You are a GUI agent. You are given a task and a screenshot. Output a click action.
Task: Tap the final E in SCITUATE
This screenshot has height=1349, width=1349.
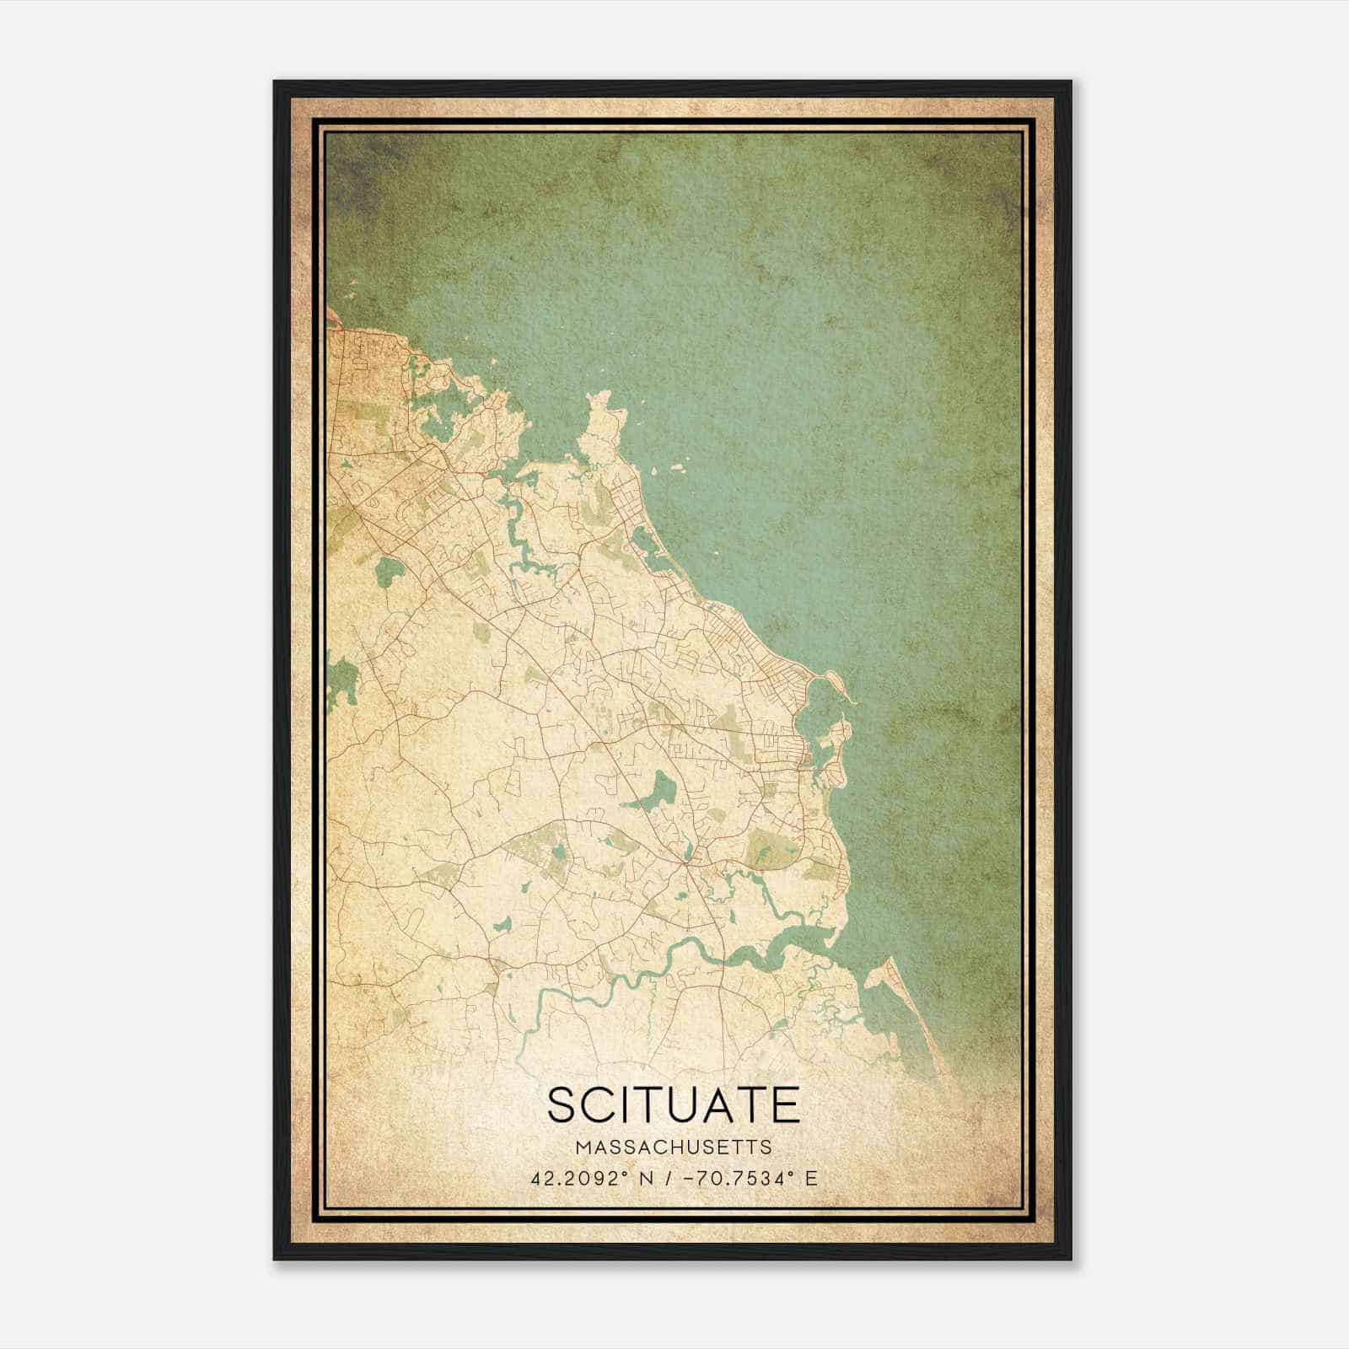point(786,1104)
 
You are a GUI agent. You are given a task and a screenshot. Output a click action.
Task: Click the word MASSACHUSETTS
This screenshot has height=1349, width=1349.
point(674,1147)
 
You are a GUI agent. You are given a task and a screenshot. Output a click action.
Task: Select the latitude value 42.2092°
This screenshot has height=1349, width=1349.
point(578,1178)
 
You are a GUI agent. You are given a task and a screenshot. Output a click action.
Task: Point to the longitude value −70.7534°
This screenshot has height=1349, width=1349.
point(737,1178)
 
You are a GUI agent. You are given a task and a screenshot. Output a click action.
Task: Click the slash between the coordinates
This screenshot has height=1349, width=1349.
point(668,1178)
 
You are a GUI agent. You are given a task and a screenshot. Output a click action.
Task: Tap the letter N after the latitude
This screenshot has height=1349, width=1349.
point(646,1178)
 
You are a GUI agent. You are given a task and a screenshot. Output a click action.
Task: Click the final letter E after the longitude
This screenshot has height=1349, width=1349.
point(811,1178)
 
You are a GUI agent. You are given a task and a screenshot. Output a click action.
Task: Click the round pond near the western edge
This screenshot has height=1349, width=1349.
point(389,572)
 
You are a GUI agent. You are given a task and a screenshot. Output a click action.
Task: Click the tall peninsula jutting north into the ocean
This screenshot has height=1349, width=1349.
point(600,422)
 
